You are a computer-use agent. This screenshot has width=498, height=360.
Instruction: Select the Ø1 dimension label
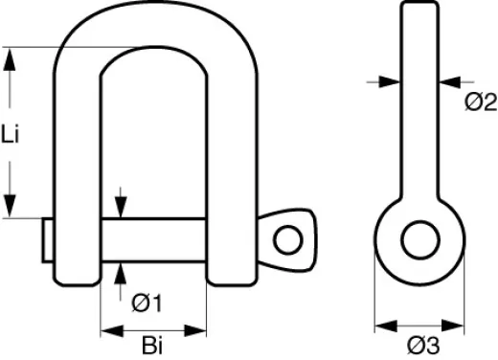click(x=145, y=304)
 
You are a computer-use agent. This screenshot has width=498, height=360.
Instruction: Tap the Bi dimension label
click(x=153, y=342)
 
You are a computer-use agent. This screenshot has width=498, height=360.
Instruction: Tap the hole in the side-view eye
click(x=419, y=240)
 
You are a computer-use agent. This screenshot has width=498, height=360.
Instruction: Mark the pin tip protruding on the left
click(x=47, y=239)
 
